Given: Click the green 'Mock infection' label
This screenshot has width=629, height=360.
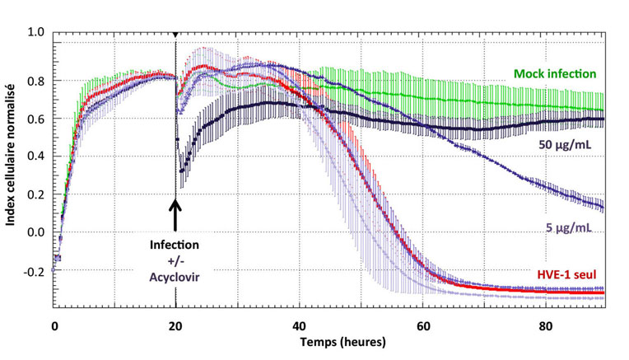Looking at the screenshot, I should click(x=556, y=74).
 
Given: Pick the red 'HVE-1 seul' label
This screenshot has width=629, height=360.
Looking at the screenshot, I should click(x=567, y=275).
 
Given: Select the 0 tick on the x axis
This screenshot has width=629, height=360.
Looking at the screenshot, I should click(x=54, y=325).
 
